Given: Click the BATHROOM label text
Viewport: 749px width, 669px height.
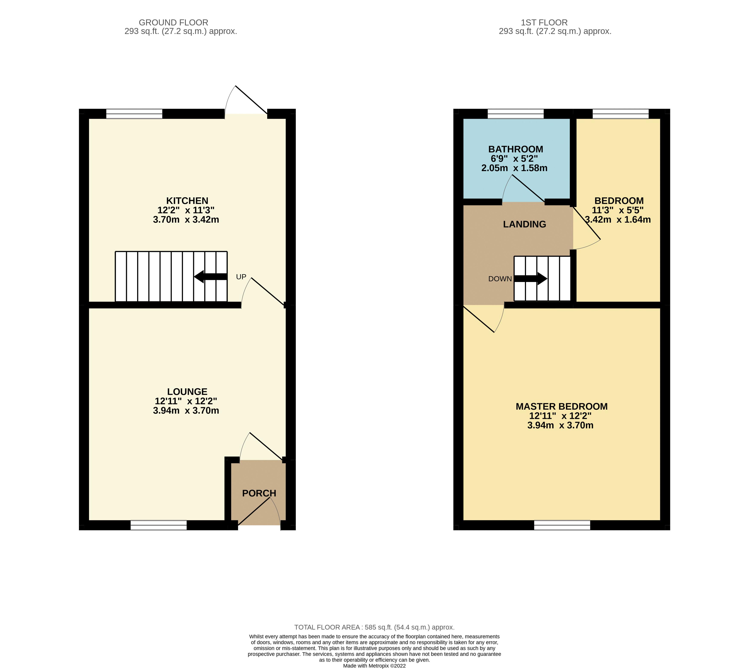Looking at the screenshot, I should click(x=515, y=149).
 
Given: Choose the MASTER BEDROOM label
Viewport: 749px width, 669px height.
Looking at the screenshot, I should click(x=561, y=406).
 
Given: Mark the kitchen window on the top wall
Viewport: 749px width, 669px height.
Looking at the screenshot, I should click(x=134, y=114).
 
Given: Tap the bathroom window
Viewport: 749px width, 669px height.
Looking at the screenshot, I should click(x=515, y=114).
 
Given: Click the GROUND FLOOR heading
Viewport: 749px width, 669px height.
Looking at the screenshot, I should click(x=173, y=22).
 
